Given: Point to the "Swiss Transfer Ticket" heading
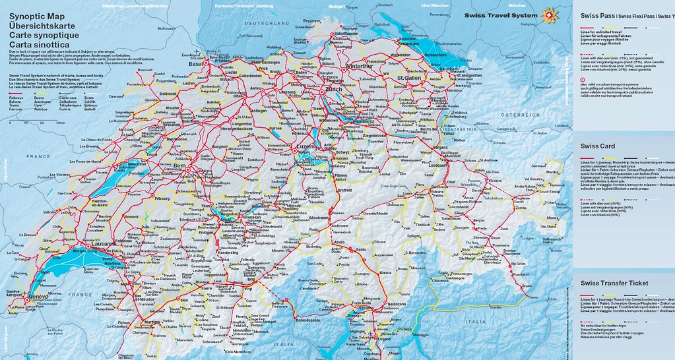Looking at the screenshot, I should click(x=614, y=283).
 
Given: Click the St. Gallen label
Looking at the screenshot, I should click(x=409, y=79).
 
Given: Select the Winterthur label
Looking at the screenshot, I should click(x=359, y=67).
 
